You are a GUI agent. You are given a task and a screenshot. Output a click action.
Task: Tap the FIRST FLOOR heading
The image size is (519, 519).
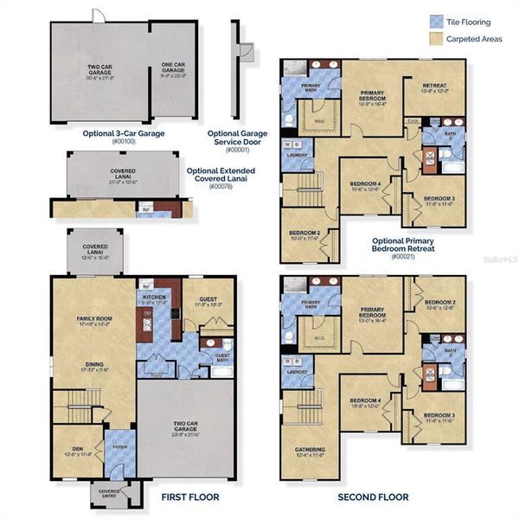coord(190,497)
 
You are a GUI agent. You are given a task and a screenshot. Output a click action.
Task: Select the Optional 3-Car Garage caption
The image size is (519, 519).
coord(123,133)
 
